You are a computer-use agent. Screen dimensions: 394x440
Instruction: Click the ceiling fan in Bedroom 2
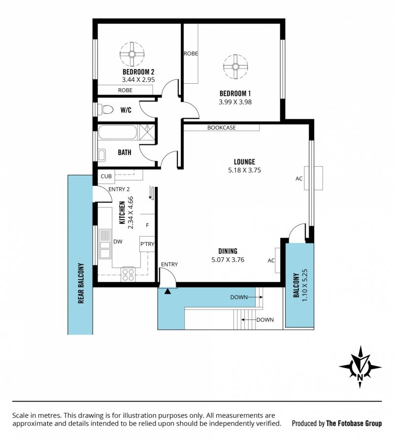[132, 54]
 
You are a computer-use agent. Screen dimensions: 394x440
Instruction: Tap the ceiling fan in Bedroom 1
[235, 67]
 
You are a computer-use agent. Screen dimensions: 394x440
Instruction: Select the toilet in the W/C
[105, 109]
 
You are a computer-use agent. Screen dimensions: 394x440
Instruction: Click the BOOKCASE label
[222, 128]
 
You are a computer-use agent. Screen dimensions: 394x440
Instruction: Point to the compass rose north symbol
[360, 367]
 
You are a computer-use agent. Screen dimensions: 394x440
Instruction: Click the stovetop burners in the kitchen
[128, 275]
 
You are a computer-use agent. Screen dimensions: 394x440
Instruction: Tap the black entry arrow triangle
[167, 292]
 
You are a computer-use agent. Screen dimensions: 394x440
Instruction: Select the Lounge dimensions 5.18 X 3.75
[245, 170]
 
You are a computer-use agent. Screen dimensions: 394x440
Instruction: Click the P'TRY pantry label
[147, 244]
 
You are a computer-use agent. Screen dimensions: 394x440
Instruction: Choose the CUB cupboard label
[106, 176]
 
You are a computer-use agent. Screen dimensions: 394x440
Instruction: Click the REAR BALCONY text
[81, 283]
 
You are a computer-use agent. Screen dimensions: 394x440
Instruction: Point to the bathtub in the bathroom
[118, 132]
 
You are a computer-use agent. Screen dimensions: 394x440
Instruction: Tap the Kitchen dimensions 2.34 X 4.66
[131, 213]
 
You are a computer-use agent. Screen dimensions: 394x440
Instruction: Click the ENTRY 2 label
[119, 189]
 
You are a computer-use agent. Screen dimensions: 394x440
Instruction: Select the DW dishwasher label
[118, 241]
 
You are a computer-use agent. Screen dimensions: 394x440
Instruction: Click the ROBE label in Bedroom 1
[191, 53]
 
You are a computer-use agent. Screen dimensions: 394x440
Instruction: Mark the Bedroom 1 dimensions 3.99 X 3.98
[235, 102]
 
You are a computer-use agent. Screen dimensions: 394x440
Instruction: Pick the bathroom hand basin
[101, 155]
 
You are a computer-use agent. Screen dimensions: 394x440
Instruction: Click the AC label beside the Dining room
[271, 261]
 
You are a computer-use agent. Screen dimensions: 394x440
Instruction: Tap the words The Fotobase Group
[354, 423]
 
